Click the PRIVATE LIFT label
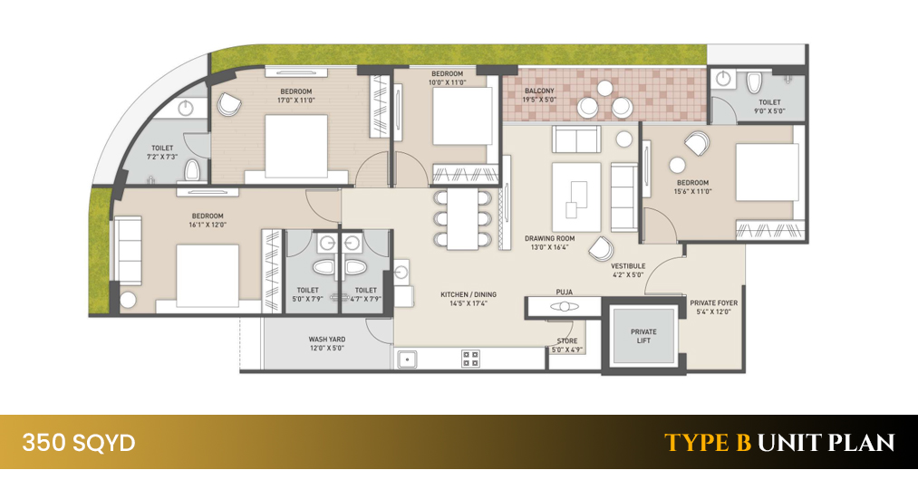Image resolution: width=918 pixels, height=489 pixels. point(643,337)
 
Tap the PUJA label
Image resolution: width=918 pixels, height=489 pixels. point(565,292)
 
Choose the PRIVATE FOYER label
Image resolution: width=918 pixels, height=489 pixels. point(713,306)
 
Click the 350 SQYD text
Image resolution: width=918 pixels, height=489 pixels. point(79,443)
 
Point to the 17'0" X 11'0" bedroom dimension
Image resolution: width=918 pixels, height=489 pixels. point(295,101)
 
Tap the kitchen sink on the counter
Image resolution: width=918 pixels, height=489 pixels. point(408,359)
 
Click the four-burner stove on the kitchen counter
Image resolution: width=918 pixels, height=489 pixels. point(471,359)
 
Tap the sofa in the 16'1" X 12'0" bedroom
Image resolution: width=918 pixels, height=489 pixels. point(126,243)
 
